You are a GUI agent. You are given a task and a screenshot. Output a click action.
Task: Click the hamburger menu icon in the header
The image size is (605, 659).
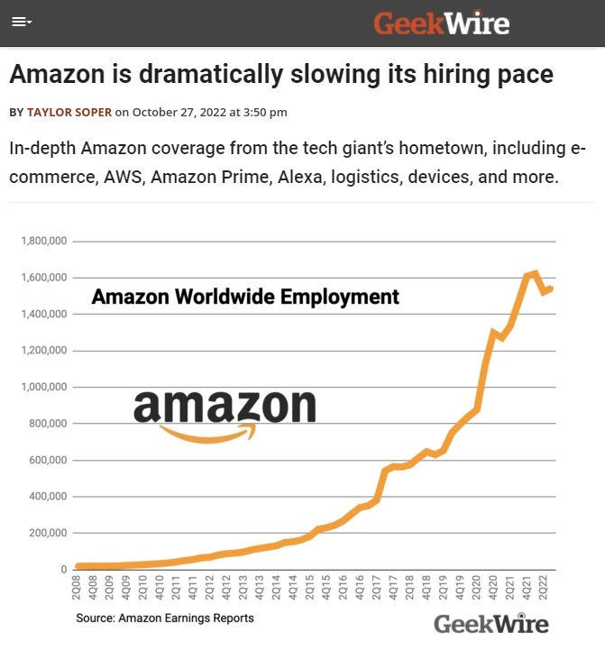[x=21, y=23]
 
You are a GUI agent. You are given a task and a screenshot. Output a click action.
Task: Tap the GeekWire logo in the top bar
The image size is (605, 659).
[x=442, y=23]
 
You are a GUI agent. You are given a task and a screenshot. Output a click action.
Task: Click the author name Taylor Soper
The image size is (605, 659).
[x=69, y=113]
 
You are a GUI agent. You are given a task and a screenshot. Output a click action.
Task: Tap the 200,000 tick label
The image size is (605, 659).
[x=44, y=533]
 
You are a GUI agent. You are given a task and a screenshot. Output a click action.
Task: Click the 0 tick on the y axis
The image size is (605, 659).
[x=62, y=570]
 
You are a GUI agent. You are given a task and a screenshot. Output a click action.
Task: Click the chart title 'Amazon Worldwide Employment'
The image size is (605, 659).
[x=245, y=296]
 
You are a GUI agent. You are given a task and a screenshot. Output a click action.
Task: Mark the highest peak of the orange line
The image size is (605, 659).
[x=536, y=272]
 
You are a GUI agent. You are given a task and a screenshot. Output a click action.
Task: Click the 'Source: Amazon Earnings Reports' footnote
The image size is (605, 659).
[x=165, y=618]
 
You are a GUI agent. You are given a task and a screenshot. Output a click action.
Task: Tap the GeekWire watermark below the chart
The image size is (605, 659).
[x=490, y=623]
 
